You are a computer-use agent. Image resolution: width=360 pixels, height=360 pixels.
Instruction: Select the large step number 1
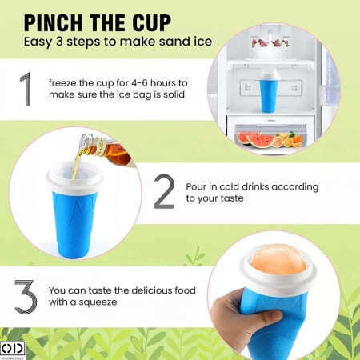point(27,90)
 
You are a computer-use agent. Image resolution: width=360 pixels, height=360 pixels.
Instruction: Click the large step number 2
point(163,191)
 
